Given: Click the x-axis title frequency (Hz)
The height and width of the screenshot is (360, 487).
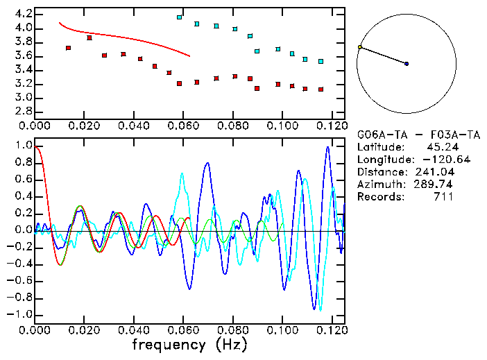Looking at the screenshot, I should pos(190,344).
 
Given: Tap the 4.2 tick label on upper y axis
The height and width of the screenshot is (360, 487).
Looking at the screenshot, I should pos(23,14).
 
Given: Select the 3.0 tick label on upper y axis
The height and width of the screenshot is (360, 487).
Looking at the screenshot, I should pos(23,98).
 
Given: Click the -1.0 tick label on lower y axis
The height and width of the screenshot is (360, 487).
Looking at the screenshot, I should pos(21,314).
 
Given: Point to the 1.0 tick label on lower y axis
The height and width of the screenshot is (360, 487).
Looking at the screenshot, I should pos(23,146).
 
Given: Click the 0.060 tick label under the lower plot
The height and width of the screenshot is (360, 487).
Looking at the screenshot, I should pos(182,329).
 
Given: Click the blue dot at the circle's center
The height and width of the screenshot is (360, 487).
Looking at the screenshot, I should pos(407,64).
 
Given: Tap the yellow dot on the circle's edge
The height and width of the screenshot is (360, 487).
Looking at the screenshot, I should pos(359,47).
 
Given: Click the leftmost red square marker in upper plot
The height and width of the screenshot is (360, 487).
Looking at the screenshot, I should pos(68,48).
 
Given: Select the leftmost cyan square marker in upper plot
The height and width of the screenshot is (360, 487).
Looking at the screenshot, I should pos(180,17).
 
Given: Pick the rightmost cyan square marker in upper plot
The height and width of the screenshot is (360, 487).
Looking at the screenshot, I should pos(321,62).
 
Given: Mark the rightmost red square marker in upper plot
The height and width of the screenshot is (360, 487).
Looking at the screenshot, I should pos(321,89).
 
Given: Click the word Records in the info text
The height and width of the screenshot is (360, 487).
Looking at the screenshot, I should pos(379,197).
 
